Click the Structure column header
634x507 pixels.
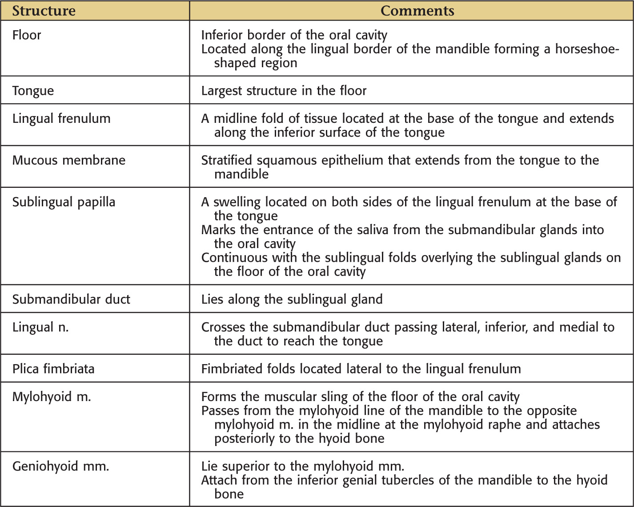[x=44, y=11]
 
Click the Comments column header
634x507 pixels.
[x=417, y=11]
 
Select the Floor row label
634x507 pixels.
[x=27, y=35]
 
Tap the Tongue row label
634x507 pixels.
[x=33, y=91]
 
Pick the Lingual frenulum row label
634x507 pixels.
[x=61, y=119]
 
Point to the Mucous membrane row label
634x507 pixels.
[x=69, y=160]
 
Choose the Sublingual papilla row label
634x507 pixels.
[x=64, y=202]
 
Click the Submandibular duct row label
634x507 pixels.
[x=71, y=299]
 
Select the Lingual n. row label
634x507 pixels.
[x=40, y=327]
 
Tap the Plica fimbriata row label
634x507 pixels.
[x=53, y=369]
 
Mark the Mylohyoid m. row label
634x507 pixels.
[x=52, y=397]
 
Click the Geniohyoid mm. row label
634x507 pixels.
[x=60, y=466]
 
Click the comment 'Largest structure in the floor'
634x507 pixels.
[x=284, y=91]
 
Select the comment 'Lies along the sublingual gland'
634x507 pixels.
[x=292, y=299]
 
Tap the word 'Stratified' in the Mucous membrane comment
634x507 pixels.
[x=227, y=160]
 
